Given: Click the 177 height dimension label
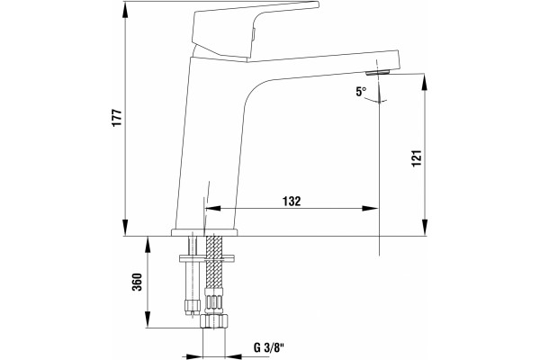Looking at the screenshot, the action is click(117, 118).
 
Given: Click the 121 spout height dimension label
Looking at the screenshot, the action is click(417, 158).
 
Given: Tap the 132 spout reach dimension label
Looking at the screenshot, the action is click(292, 202).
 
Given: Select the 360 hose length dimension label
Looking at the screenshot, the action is click(138, 282).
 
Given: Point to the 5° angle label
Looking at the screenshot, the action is click(361, 92).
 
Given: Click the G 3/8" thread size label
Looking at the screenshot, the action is click(268, 347).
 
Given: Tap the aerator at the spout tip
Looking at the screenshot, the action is click(377, 72).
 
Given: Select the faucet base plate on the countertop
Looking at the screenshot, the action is click(204, 232).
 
